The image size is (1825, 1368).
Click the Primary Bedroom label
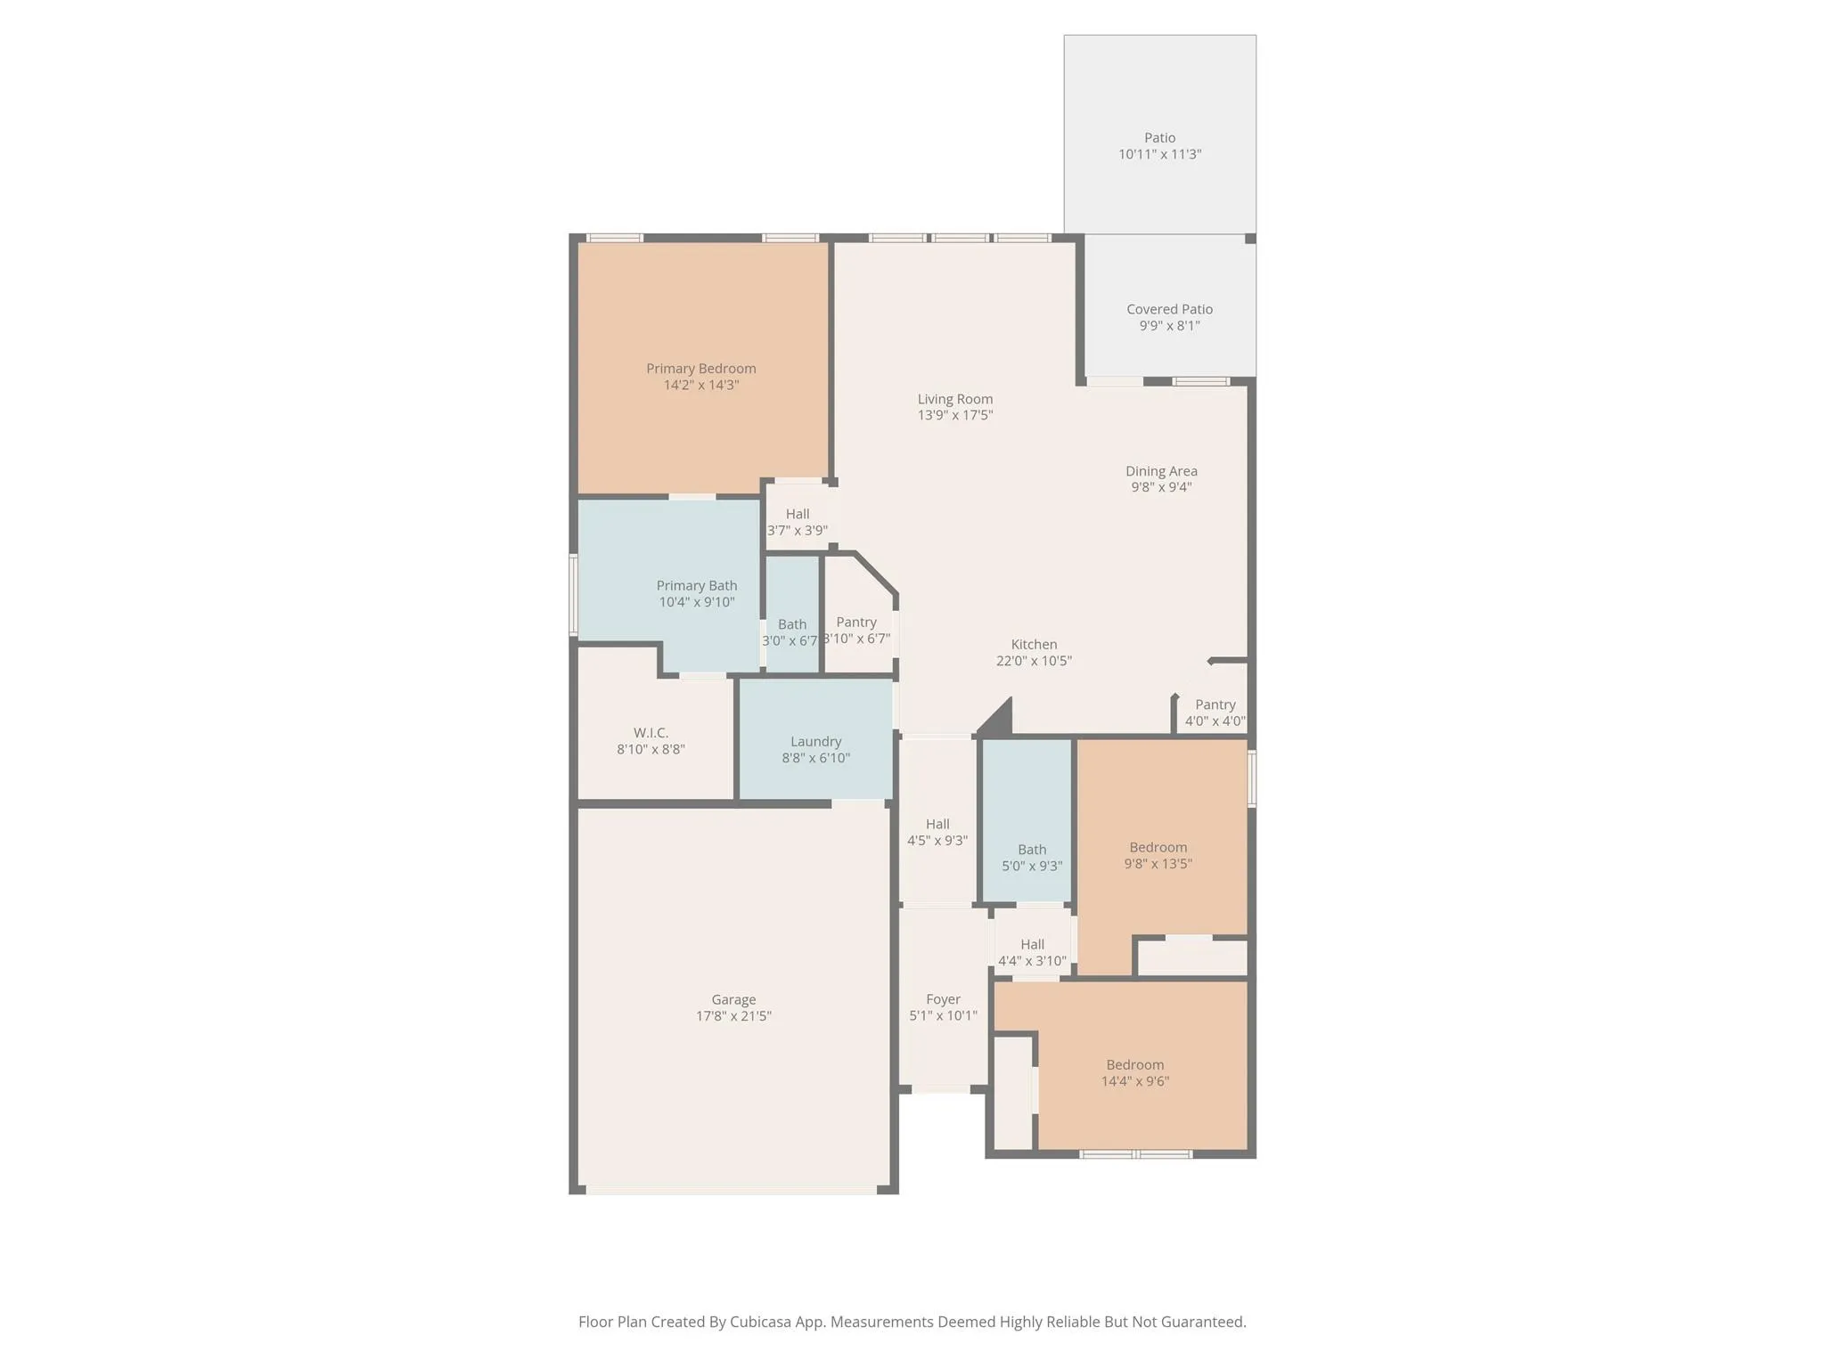[x=700, y=369]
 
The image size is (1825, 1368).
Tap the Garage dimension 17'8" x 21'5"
[x=733, y=1016]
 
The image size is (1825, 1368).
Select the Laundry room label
[x=815, y=742]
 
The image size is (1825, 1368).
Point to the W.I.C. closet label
[x=651, y=733]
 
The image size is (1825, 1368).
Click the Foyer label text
[x=943, y=999]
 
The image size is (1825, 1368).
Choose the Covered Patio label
[x=1169, y=310]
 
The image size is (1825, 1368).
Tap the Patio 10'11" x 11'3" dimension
[x=1159, y=154]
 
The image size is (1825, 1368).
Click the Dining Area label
[x=1161, y=471]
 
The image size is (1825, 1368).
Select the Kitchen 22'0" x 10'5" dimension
[x=1034, y=661]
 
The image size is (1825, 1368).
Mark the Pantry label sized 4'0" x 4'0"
[x=1215, y=704]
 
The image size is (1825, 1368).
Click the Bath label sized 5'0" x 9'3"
[x=1032, y=850]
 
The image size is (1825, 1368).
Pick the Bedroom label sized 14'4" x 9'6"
[x=1134, y=1065]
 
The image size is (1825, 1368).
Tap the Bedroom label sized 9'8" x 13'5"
[x=1158, y=847]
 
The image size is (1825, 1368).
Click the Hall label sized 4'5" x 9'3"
[x=937, y=825]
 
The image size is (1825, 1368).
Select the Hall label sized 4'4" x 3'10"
[x=1032, y=945]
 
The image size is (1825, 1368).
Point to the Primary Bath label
[x=697, y=586]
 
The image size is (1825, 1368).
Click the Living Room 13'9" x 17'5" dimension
[x=955, y=415]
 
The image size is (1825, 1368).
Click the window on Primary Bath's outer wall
[x=573, y=594]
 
